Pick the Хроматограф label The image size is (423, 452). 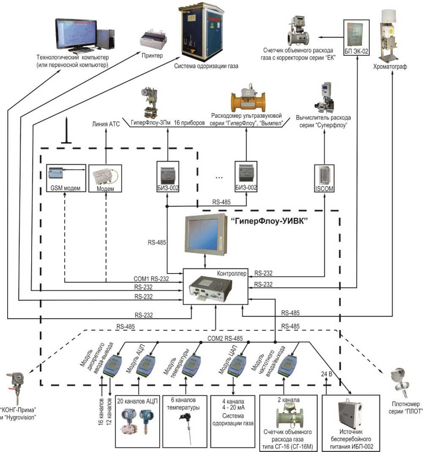(390, 67)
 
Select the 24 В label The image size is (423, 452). (324, 374)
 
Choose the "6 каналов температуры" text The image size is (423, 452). (185, 404)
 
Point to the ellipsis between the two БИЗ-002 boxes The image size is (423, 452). (219, 177)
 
